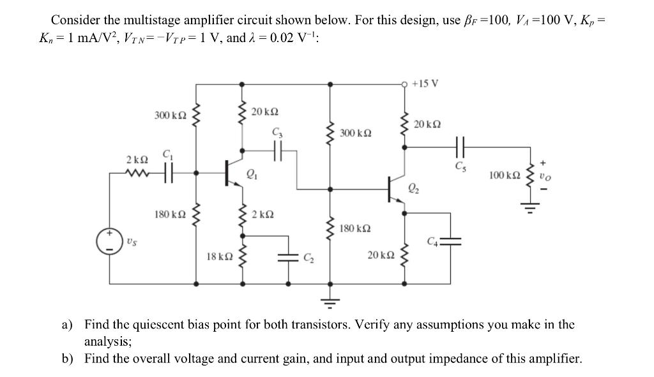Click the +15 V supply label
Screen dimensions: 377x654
(x=425, y=84)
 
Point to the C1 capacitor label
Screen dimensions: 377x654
(x=168, y=154)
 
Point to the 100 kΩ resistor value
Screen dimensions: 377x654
(x=503, y=174)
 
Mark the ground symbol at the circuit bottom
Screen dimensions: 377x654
(x=330, y=300)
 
